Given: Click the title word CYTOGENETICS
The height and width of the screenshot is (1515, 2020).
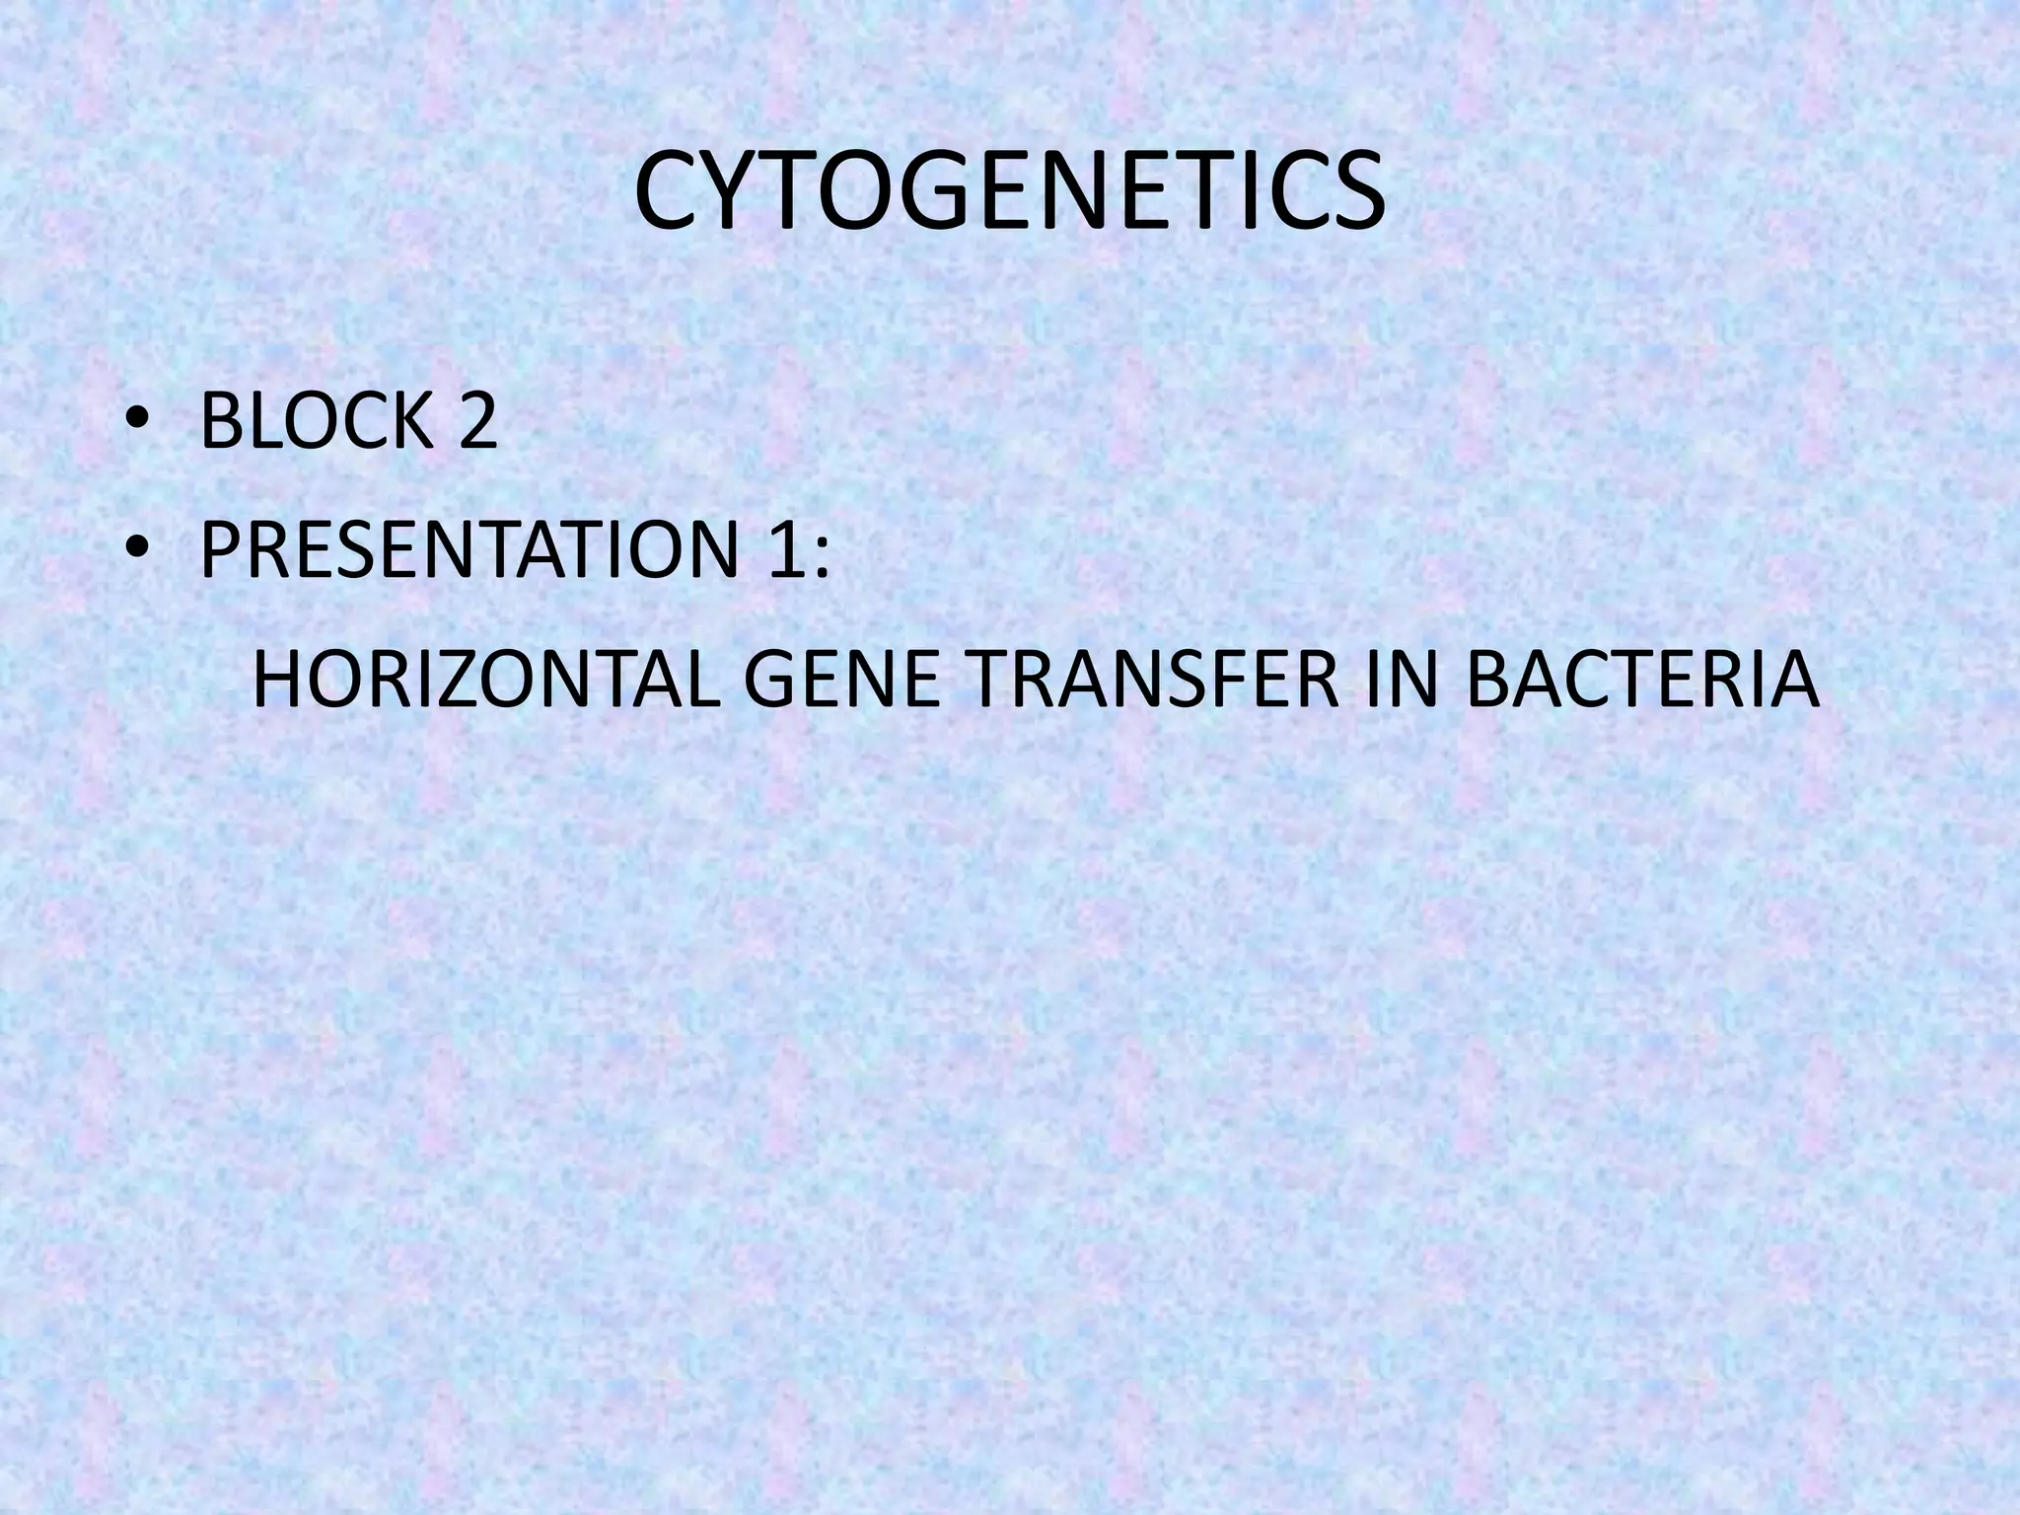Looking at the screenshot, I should pyautogui.click(x=1009, y=195).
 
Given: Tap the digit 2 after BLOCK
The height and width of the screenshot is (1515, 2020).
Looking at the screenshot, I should pyautogui.click(x=476, y=421).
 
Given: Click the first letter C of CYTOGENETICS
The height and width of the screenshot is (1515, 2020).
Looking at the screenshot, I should pyautogui.click(x=669, y=195).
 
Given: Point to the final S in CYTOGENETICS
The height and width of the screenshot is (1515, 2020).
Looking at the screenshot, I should pyautogui.click(x=1355, y=195).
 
